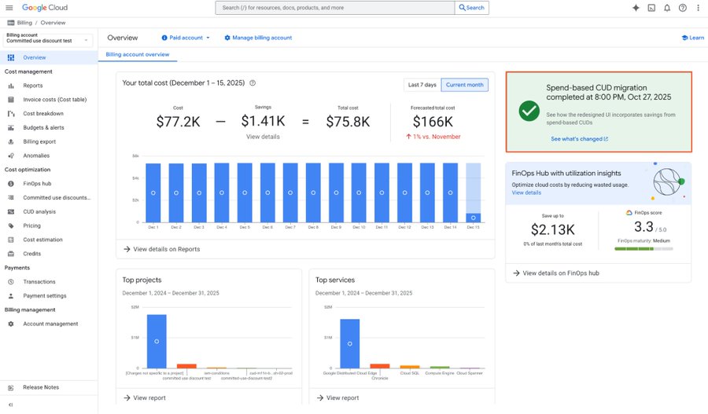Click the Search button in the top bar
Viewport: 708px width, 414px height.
pyautogui.click(x=472, y=8)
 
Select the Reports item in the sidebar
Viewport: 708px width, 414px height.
pyautogui.click(x=33, y=86)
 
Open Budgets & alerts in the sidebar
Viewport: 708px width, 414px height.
pyautogui.click(x=44, y=127)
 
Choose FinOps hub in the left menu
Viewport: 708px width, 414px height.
pyautogui.click(x=37, y=183)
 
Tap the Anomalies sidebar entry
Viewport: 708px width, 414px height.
pyautogui.click(x=36, y=156)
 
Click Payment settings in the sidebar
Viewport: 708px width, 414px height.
pyautogui.click(x=45, y=296)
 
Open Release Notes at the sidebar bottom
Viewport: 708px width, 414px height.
pyautogui.click(x=41, y=387)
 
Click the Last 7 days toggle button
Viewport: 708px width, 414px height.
pyautogui.click(x=421, y=85)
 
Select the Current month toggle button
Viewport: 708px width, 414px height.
pyautogui.click(x=464, y=85)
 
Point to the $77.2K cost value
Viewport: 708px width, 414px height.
pyautogui.click(x=178, y=122)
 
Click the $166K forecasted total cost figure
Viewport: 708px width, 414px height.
pyautogui.click(x=432, y=122)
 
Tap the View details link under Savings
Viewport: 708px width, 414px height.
pyautogui.click(x=263, y=137)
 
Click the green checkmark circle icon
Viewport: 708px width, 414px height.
pyautogui.click(x=529, y=111)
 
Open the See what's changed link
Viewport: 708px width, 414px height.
pyautogui.click(x=579, y=139)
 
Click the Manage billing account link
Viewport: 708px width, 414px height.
pyautogui.click(x=258, y=38)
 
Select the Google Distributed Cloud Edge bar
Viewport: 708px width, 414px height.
pyautogui.click(x=349, y=343)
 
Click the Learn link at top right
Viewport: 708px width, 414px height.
pyautogui.click(x=692, y=38)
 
